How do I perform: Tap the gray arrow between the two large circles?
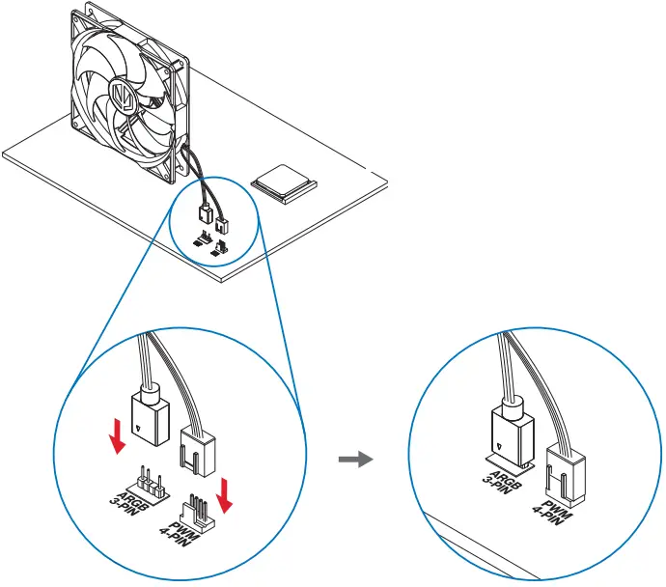[356, 461]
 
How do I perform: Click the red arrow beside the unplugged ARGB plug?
[117, 435]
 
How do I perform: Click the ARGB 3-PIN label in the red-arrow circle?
[125, 493]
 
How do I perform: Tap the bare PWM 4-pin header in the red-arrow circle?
[198, 507]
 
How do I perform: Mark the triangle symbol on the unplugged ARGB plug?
[142, 424]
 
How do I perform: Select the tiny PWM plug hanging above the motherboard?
[221, 227]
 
